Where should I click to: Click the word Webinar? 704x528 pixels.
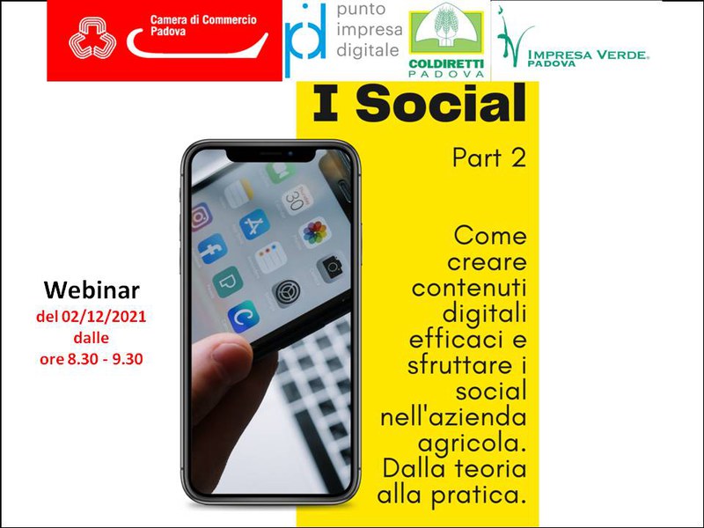pos(92,290)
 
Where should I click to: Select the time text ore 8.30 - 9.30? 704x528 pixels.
pos(92,359)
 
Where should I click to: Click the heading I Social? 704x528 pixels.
pos(419,103)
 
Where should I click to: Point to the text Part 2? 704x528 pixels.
pos(489,158)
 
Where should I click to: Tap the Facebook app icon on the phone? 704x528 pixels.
pos(212,249)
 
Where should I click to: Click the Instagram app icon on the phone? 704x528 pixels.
pos(202,216)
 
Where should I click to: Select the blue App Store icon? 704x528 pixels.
pos(254,224)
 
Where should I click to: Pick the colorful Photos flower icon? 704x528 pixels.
pos(314,232)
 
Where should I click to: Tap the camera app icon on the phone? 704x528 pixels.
pos(332,268)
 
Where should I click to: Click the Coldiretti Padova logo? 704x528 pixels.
pos(446,40)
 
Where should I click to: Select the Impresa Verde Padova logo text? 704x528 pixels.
pos(588,58)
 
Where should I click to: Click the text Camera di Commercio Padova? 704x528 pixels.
pos(203,26)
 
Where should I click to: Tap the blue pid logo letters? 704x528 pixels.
pos(305,38)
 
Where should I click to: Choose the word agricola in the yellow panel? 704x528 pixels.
pos(472,444)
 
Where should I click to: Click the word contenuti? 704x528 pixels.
pos(469,288)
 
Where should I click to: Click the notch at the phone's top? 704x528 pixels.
pos(271,155)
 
